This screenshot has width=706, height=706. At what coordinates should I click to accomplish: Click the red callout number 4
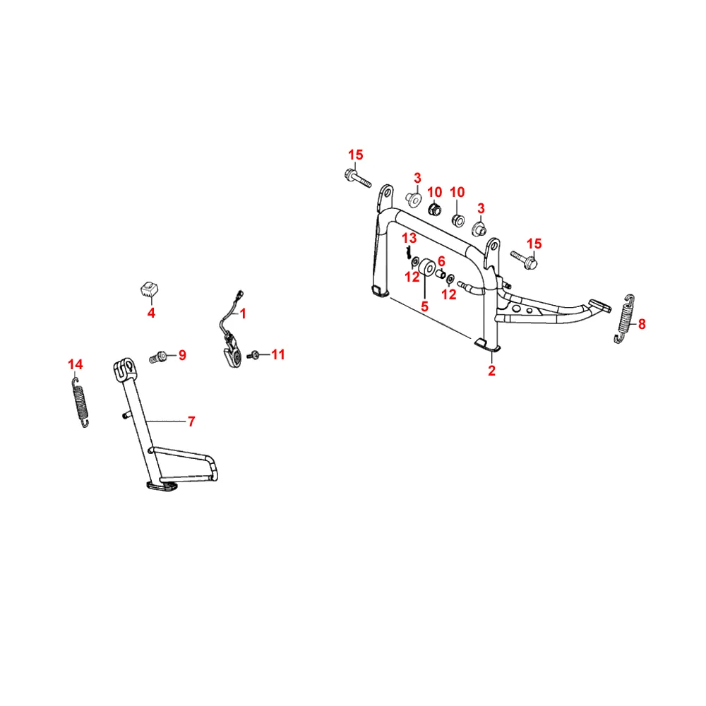tap(150, 313)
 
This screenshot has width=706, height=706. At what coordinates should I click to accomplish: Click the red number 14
tap(75, 364)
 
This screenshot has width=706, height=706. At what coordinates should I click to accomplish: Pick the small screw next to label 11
tap(256, 354)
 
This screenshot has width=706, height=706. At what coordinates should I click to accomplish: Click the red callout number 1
tap(241, 313)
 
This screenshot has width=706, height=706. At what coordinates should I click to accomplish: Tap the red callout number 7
tap(191, 421)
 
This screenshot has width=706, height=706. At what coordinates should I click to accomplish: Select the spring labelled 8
tap(623, 319)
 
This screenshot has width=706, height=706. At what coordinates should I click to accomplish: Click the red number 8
tap(641, 325)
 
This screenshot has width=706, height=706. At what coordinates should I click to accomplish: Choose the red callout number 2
tap(491, 371)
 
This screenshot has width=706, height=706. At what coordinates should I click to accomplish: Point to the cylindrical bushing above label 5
tap(427, 270)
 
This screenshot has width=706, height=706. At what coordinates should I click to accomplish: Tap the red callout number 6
tap(441, 261)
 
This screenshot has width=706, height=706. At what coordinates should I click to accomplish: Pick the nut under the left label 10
tap(436, 209)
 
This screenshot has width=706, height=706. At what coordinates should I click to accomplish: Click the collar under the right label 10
tap(457, 219)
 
